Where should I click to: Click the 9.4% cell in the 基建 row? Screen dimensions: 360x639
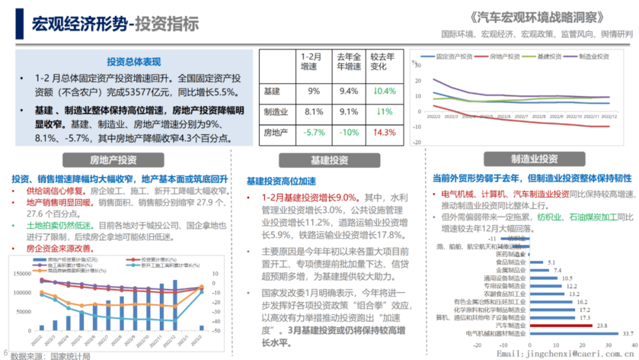click(349, 91)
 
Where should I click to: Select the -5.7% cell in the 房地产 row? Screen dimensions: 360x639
click(314, 132)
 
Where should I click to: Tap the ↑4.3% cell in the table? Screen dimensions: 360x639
click(385, 132)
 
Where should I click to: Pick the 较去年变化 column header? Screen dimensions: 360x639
click(383, 62)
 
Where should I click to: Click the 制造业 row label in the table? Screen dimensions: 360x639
click(276, 112)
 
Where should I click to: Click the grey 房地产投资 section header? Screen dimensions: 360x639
click(113, 160)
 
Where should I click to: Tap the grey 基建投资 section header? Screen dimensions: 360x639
click(329, 160)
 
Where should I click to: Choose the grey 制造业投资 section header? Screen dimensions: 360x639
click(534, 159)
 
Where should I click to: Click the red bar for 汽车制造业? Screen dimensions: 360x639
click(561, 326)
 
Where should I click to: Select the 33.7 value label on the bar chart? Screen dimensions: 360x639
click(628, 334)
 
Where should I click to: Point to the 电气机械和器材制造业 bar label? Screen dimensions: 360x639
click(496, 334)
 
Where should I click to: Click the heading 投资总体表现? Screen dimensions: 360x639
click(134, 62)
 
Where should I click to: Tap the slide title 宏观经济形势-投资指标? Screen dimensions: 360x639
click(115, 24)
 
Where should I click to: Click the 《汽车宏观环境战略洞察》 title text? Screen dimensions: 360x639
click(537, 17)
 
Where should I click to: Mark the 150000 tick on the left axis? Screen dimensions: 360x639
click(22, 274)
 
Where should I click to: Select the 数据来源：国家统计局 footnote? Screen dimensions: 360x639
click(50, 356)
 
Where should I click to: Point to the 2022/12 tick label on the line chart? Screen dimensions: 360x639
click(609, 116)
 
